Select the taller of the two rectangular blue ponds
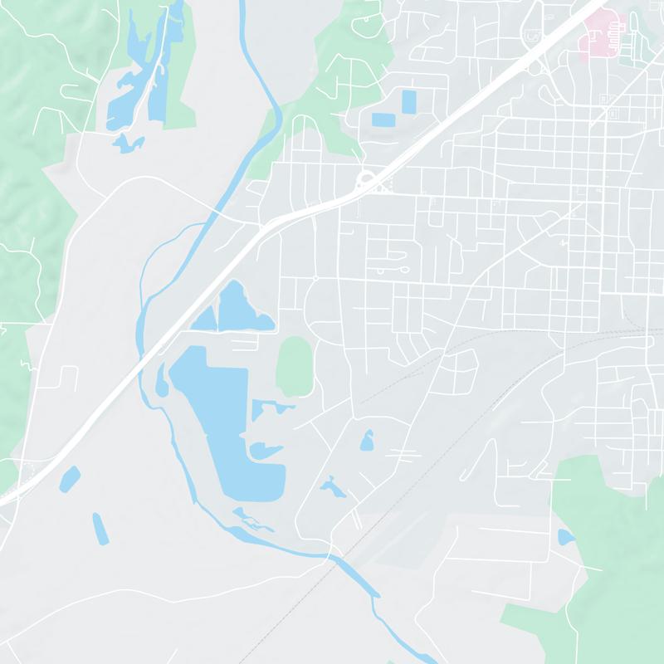point(408,102)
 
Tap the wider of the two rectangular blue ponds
point(383,120)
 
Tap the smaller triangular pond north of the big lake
point(206,317)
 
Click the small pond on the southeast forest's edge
point(566,537)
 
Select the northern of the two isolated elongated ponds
point(71,478)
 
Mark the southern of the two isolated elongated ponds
point(100,529)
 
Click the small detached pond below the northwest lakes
point(127,144)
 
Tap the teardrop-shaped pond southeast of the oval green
point(366,440)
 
